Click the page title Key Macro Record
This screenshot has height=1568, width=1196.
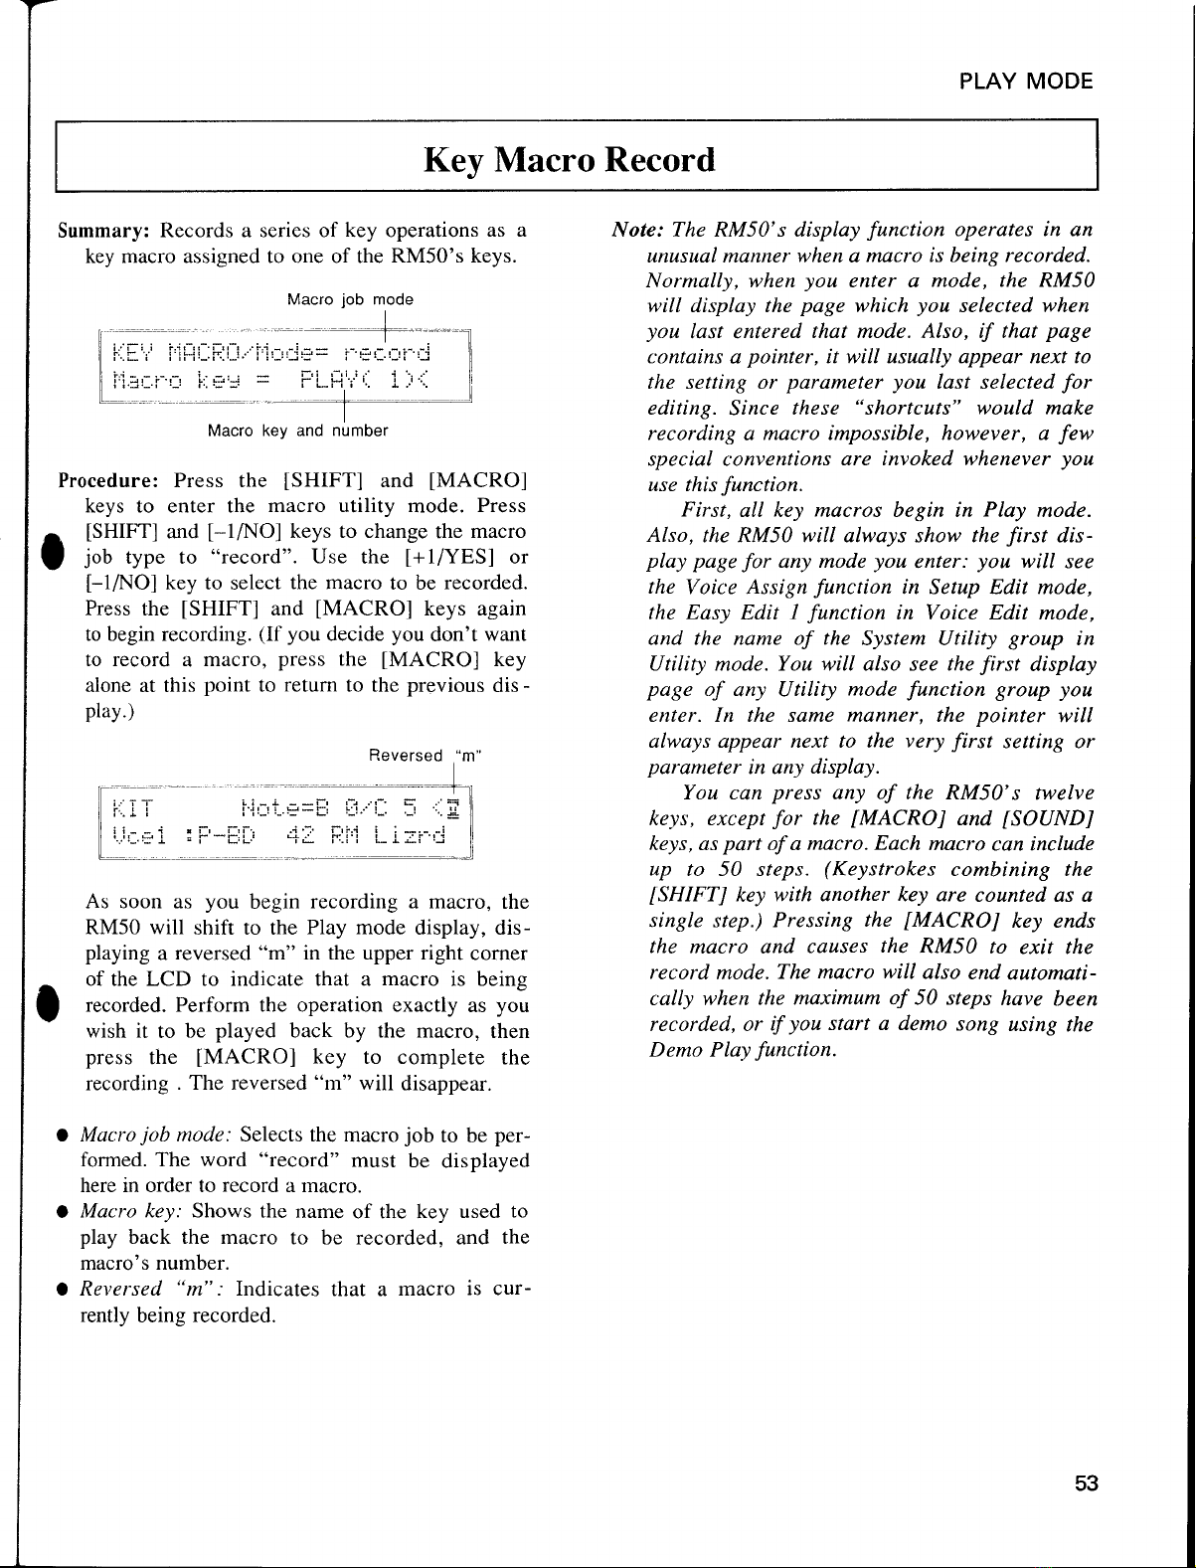[569, 160]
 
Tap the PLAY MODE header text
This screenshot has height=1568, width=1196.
[1026, 82]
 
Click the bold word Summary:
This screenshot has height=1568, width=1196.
[103, 231]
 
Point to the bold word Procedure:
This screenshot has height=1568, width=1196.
[108, 481]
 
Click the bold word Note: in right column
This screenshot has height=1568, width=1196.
[636, 231]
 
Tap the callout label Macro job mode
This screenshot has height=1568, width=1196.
[350, 299]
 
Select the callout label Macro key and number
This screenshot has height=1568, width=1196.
[297, 432]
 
